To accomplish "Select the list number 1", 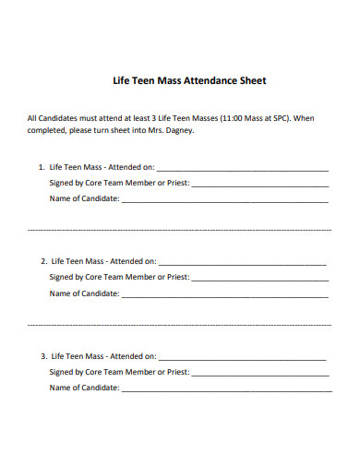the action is point(41,168).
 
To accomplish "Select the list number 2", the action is point(43,261).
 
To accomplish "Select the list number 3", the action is point(43,355).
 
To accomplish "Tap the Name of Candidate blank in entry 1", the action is point(225,201).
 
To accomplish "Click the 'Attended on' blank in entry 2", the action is point(242,264).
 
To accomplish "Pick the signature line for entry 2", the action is point(260,279).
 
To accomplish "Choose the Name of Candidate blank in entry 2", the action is point(225,295).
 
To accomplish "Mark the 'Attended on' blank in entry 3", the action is point(242,358).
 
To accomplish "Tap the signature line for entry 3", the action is point(260,374).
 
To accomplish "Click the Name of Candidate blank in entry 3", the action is point(225,389).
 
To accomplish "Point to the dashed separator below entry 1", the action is point(180,229).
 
